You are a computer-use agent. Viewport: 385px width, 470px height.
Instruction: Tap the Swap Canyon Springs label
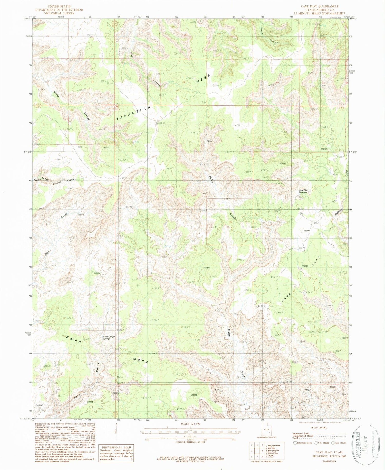click(109, 338)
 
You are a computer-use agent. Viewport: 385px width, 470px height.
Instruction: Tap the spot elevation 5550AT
click(98, 273)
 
